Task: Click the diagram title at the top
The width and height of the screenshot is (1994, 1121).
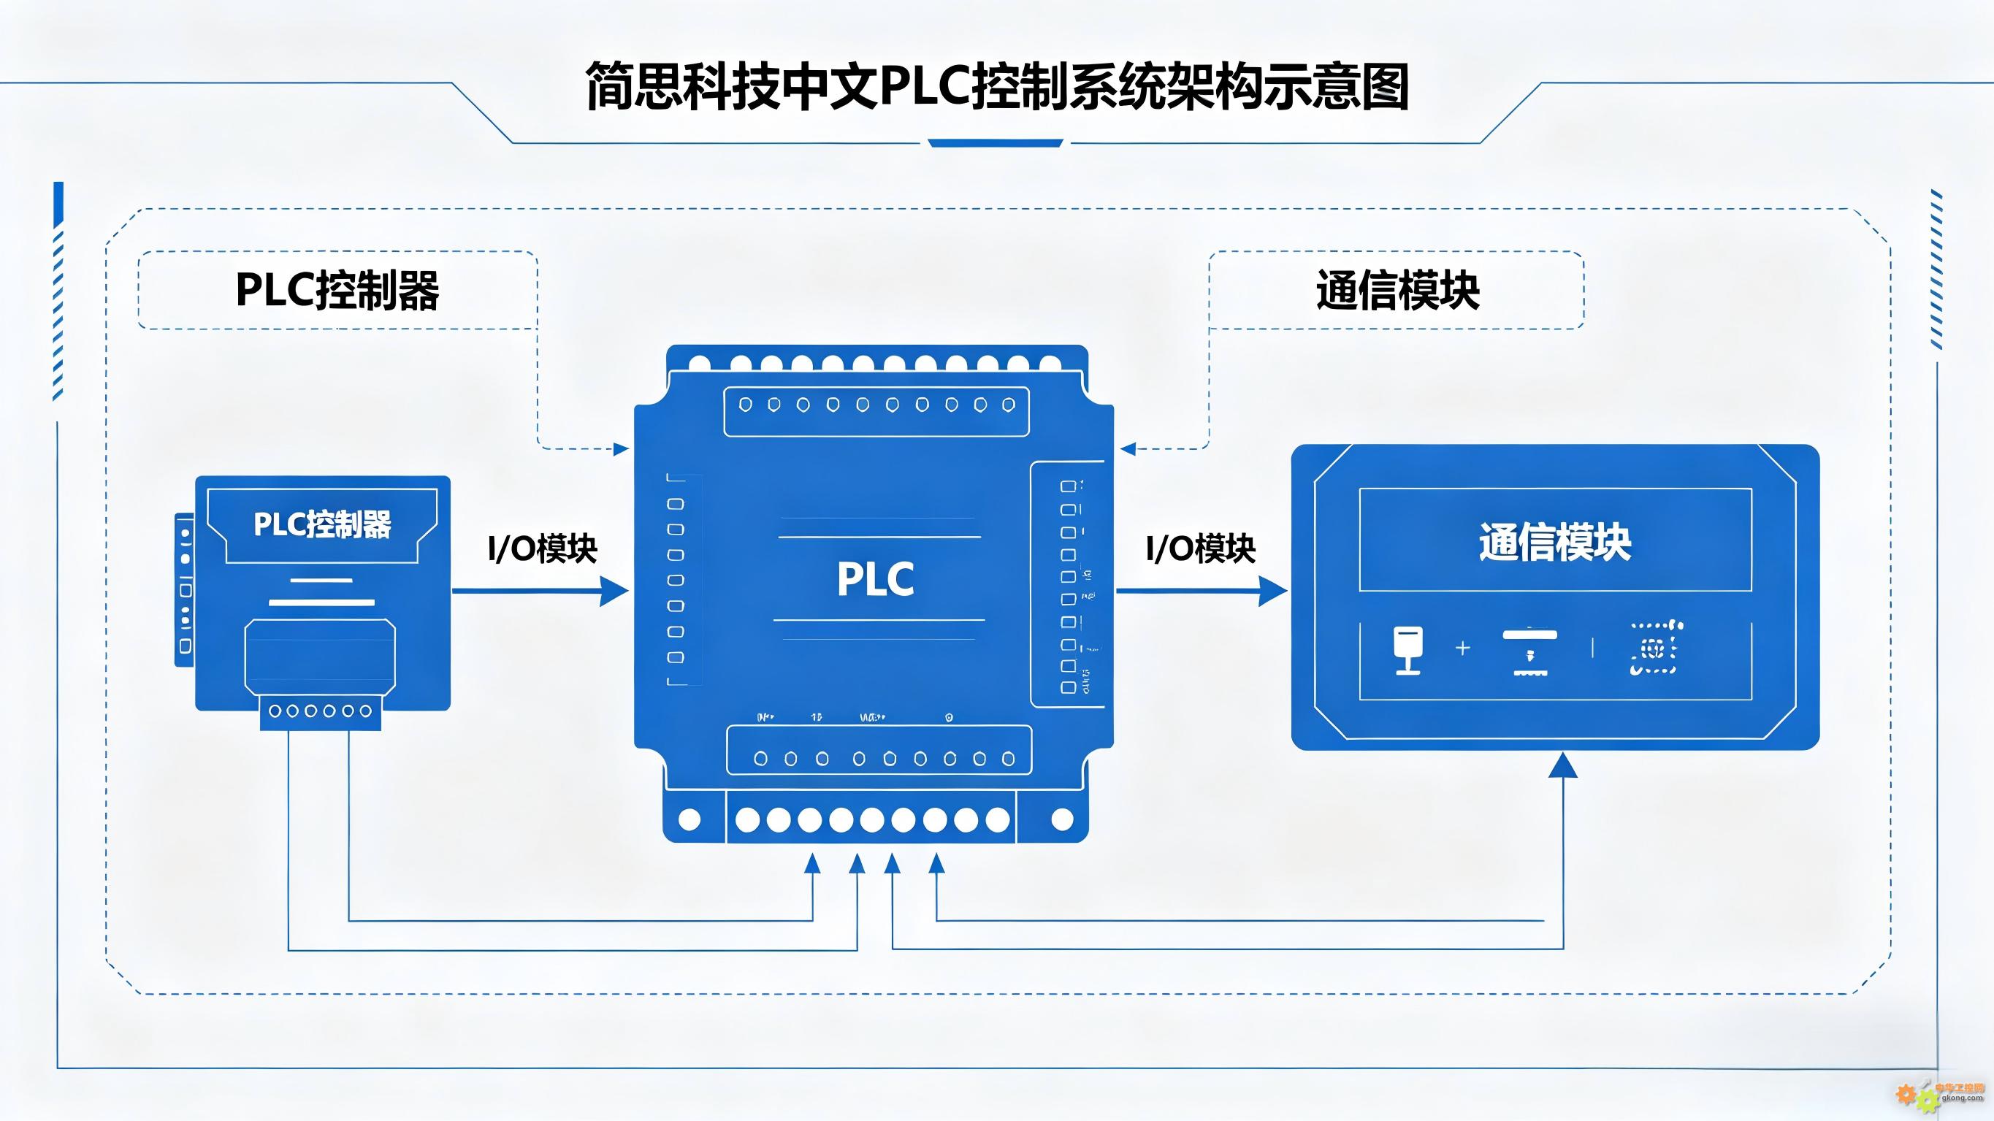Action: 996,87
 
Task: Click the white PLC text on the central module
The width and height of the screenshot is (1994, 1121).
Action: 876,579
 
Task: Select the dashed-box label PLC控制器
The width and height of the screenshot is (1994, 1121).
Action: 337,291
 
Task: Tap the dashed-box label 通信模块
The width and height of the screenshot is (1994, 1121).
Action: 1397,291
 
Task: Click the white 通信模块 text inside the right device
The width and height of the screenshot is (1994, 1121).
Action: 1555,542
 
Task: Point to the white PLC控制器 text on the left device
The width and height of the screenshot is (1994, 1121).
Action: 322,524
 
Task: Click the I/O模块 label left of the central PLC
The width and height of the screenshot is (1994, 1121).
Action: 542,549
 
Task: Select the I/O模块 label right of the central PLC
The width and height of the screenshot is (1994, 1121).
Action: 1200,549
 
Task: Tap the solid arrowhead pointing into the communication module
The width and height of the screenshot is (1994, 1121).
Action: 1272,592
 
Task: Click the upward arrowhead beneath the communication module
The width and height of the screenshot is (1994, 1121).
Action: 1563,765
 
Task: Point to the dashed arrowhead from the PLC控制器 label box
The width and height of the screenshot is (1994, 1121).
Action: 621,449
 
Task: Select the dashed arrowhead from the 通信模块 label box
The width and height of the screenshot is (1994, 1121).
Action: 1128,449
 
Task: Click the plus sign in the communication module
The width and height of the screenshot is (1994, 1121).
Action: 1462,648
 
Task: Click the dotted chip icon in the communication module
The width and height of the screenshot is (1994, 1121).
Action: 1655,648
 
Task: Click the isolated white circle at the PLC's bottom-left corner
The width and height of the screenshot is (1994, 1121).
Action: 689,819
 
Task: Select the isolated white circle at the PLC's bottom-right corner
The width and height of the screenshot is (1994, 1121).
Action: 1062,819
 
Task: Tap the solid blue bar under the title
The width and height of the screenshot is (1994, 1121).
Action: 996,143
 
